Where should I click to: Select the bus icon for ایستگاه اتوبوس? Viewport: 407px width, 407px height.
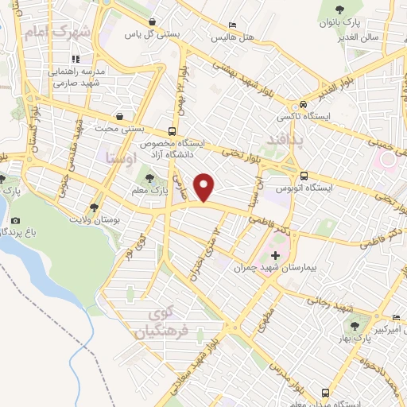(304, 176)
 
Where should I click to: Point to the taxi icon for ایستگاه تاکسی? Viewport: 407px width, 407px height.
(304, 105)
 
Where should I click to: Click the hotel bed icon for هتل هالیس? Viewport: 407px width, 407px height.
(232, 25)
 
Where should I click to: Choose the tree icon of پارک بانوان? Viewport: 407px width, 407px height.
(340, 10)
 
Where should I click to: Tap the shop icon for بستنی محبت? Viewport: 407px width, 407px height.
(119, 115)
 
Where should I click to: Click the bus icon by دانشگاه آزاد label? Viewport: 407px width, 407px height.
(172, 131)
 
